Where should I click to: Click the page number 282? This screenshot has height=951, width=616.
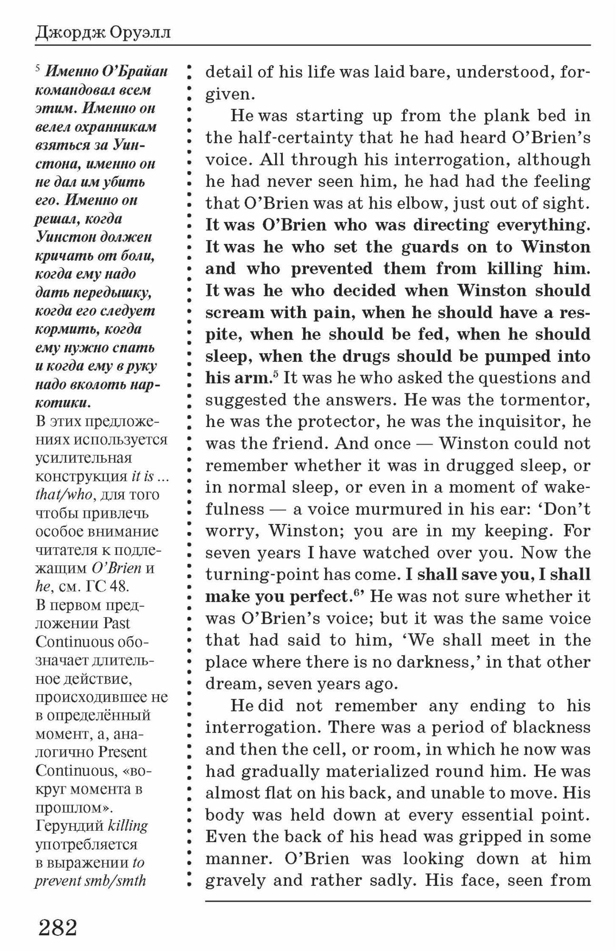click(x=58, y=927)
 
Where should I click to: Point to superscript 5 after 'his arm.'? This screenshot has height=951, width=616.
click(x=275, y=375)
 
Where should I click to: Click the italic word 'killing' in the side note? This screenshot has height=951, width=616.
click(x=128, y=826)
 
